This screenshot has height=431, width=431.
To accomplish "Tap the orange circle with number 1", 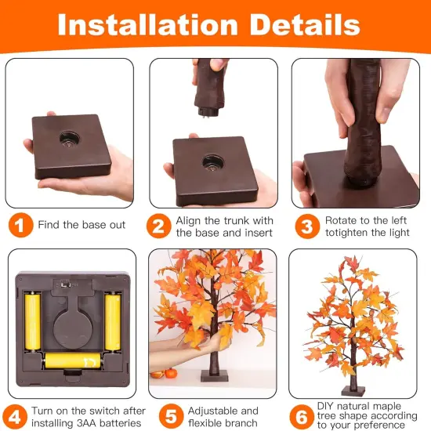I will pyautogui.click(x=19, y=225).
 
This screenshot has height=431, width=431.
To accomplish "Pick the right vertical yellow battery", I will pyautogui.click(x=113, y=321).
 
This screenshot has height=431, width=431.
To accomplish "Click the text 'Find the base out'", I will pyautogui.click(x=81, y=225).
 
